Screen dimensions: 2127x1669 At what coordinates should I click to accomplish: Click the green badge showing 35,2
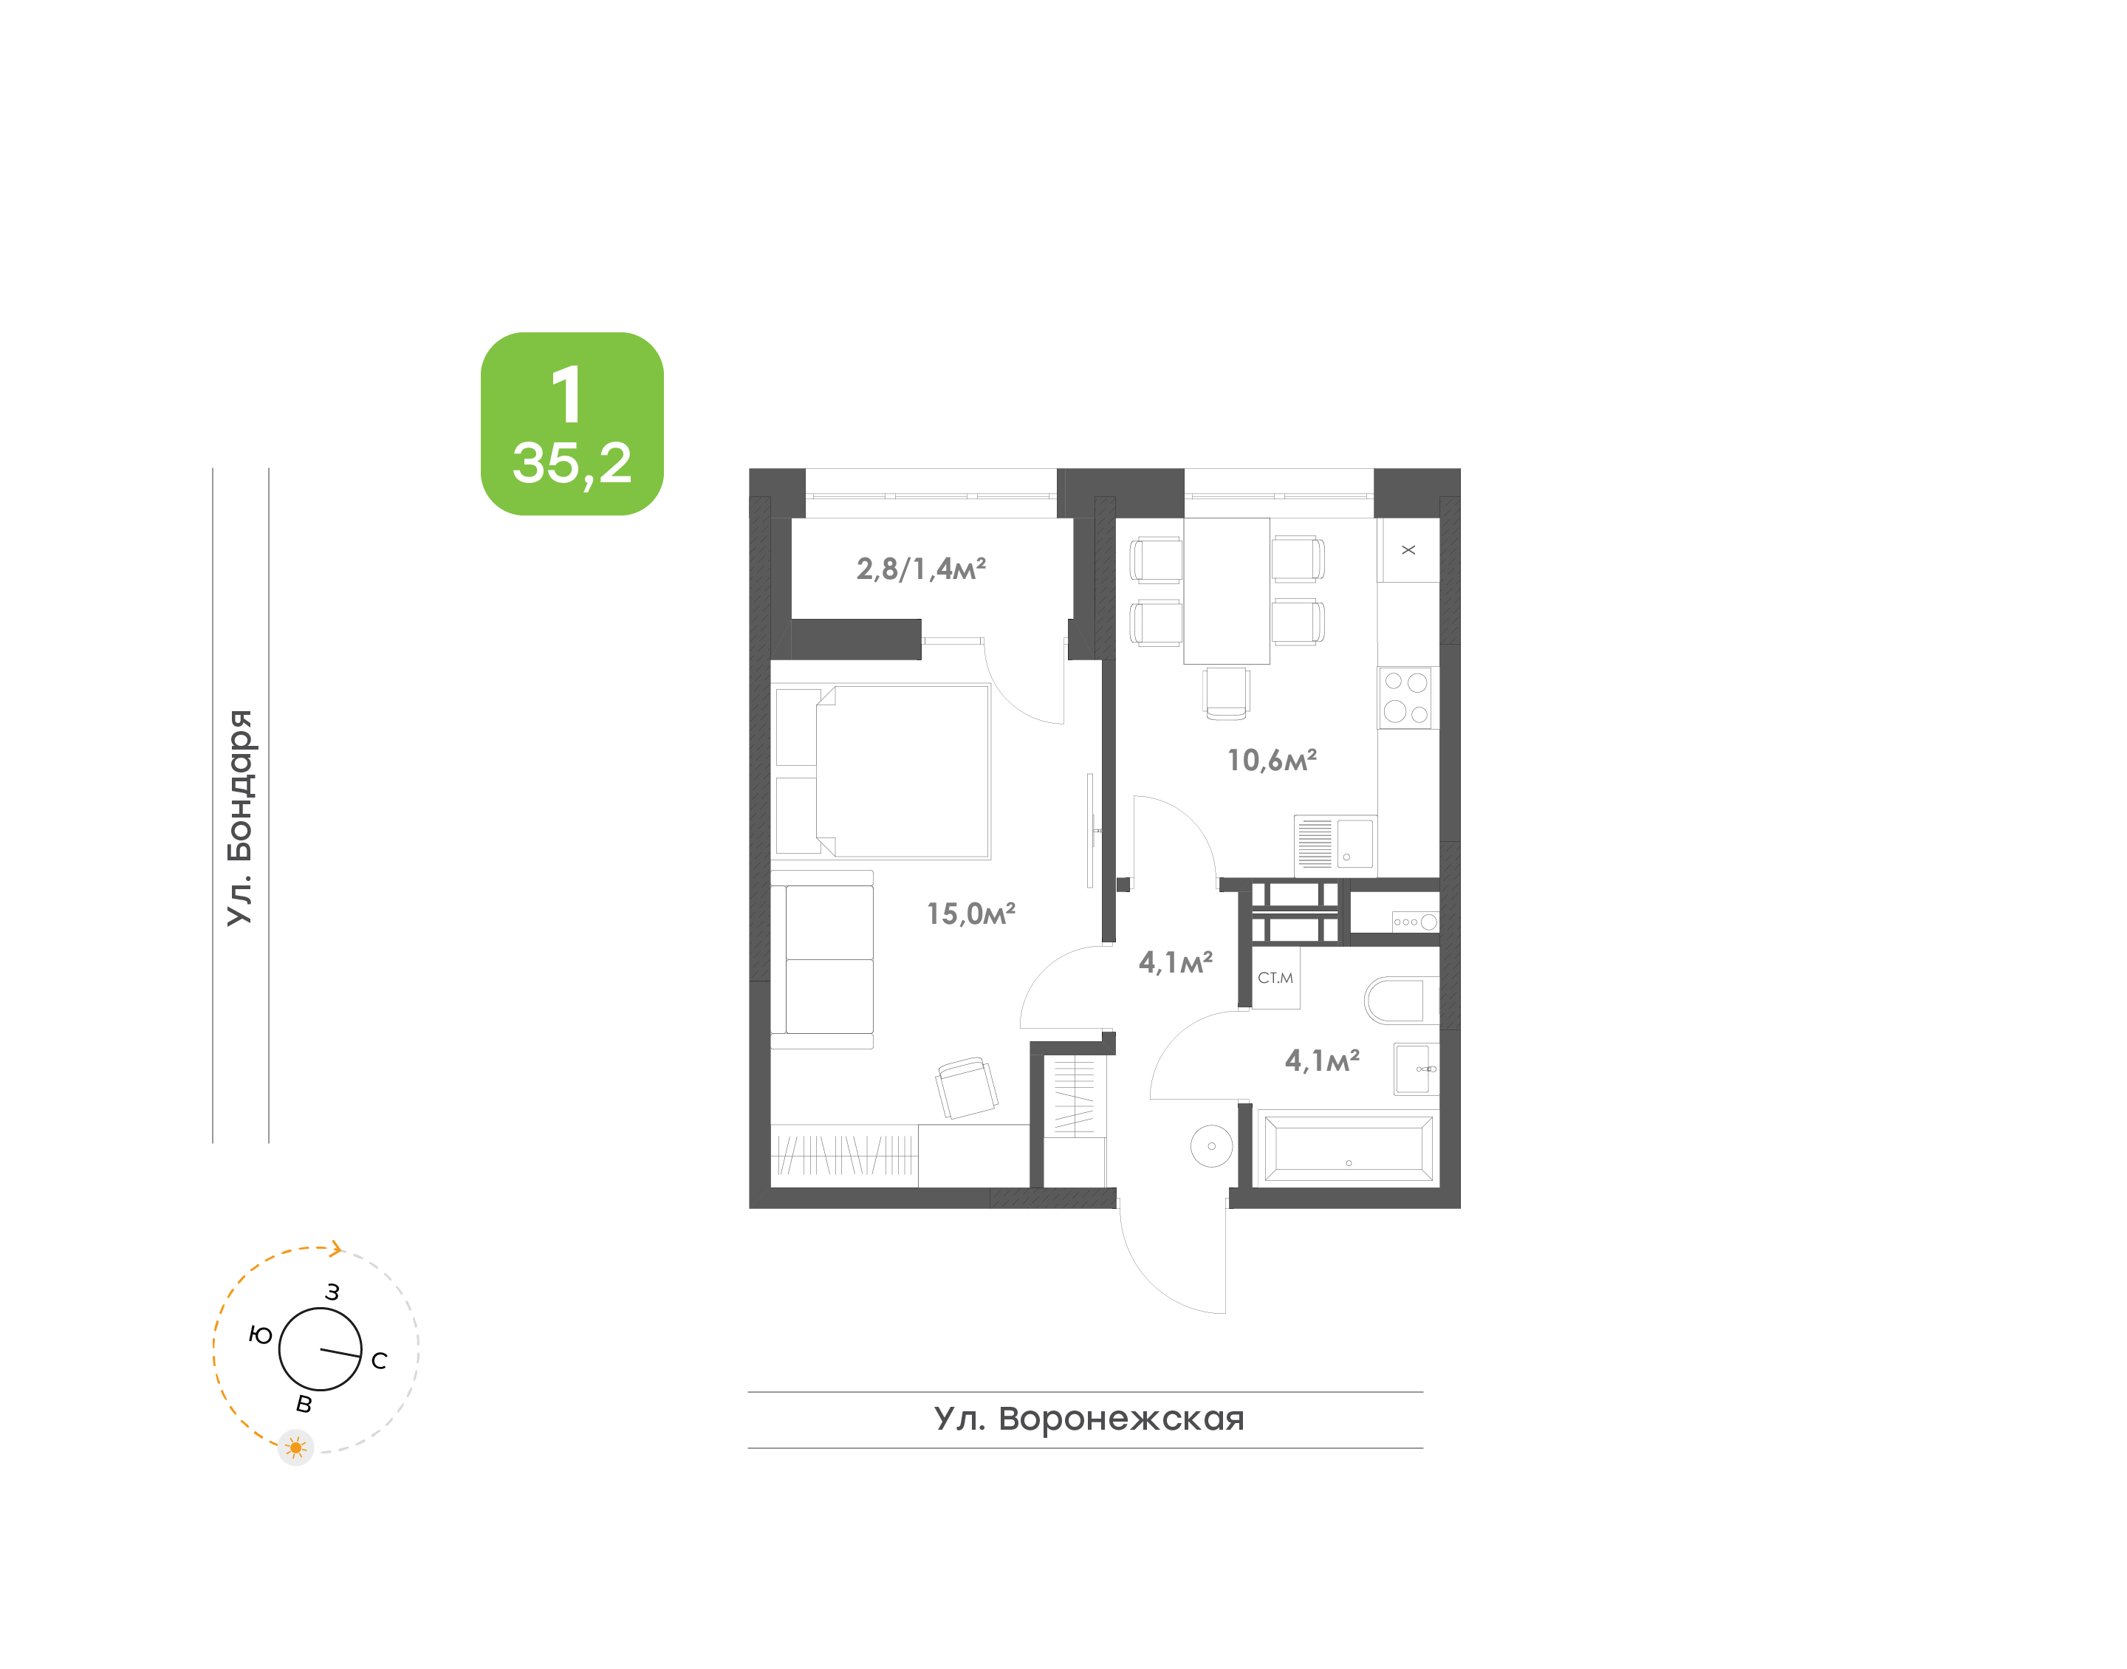pos(572,423)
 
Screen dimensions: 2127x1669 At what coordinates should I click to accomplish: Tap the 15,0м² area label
pos(970,914)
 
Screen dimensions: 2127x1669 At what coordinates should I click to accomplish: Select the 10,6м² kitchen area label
pos(1271,760)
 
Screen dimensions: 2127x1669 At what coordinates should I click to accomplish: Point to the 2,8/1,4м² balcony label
pos(920,569)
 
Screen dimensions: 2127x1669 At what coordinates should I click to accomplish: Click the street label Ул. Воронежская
pos(1089,1418)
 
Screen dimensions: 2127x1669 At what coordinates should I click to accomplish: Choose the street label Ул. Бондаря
pos(240,818)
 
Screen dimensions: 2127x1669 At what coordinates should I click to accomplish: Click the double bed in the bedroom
pos(883,772)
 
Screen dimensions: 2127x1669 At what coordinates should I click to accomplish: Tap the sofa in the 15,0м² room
pos(822,959)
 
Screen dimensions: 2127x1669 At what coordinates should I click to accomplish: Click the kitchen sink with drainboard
pos(1335,843)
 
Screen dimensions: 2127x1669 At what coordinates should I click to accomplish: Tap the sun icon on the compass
pos(295,1447)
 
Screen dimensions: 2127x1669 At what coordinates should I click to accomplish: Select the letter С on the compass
pos(379,1360)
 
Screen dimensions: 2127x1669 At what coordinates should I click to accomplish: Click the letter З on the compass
pos(332,1292)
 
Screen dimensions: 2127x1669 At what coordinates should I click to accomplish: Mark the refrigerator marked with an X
pos(1408,550)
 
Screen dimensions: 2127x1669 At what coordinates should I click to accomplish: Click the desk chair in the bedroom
pos(966,1088)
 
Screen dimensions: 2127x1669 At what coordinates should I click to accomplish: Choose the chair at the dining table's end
pos(1226,693)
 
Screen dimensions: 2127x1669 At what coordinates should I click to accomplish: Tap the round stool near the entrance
pos(1211,1146)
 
